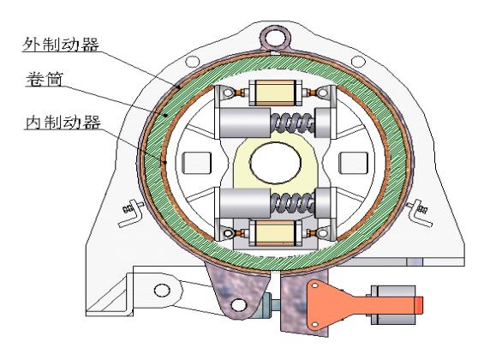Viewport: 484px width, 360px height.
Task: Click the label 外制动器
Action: pyautogui.click(x=61, y=45)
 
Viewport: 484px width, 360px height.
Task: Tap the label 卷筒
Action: pyautogui.click(x=45, y=79)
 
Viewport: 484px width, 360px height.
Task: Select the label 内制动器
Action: pyautogui.click(x=63, y=123)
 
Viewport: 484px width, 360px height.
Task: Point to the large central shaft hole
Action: pyautogui.click(x=275, y=163)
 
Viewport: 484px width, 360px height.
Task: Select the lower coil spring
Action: pyautogui.click(x=293, y=202)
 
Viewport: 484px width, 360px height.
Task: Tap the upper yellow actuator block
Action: pyautogui.click(x=275, y=93)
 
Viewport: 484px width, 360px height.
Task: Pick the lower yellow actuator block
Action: pyautogui.click(x=275, y=233)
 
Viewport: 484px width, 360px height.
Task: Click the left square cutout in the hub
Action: pyautogui.click(x=197, y=163)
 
